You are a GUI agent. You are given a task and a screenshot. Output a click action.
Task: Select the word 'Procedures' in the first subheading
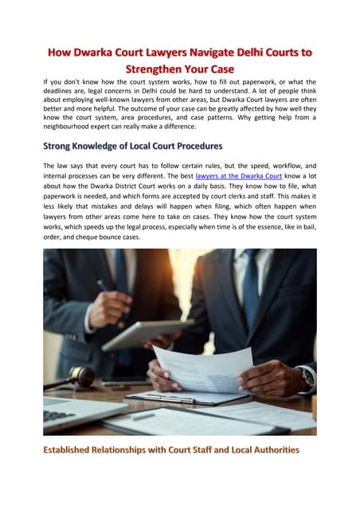tap(193, 147)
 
